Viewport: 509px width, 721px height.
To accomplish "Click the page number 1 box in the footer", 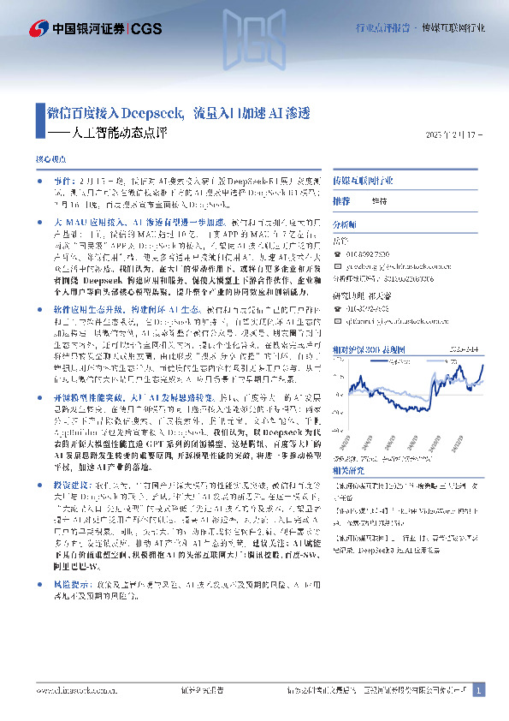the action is tap(479, 690).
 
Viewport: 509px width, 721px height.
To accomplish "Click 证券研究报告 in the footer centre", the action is tap(202, 690).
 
